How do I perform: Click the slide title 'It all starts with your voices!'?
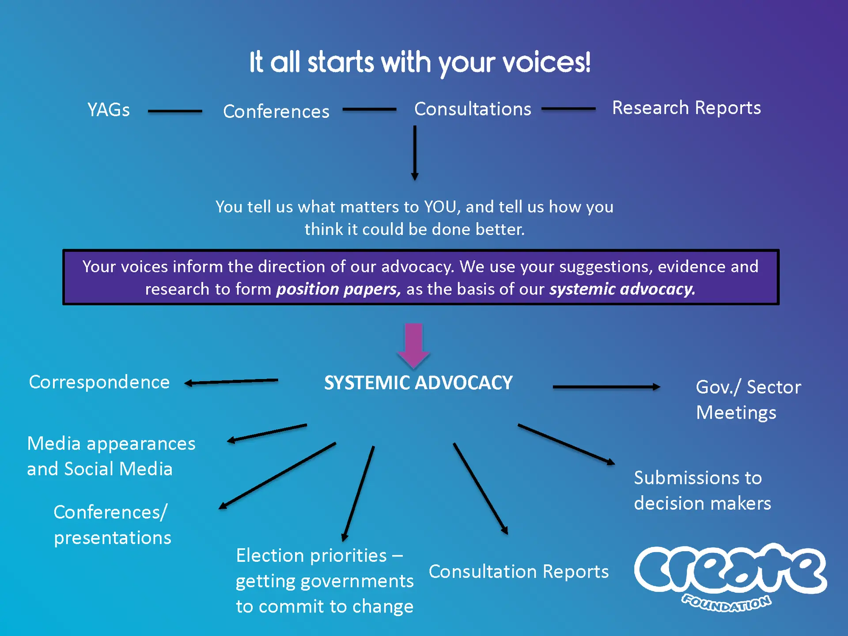pos(420,63)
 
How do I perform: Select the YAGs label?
pos(109,110)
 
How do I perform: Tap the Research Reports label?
pos(686,108)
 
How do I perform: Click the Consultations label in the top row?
pos(473,109)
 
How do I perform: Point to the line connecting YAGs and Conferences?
pos(175,111)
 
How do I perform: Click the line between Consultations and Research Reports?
pos(568,109)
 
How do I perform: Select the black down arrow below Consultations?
pos(415,153)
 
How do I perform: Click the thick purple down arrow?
pos(414,346)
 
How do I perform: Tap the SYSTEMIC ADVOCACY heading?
pos(418,383)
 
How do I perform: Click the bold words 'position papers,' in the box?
pos(338,289)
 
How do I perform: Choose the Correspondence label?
pos(99,382)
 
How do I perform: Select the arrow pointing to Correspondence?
pos(231,382)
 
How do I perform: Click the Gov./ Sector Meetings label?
pos(749,400)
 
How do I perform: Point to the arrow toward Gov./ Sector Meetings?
pos(606,387)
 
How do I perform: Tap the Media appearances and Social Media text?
pos(111,456)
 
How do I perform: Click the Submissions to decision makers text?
pos(703,491)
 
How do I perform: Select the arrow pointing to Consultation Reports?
pos(481,489)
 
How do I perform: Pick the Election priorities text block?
pos(325,581)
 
